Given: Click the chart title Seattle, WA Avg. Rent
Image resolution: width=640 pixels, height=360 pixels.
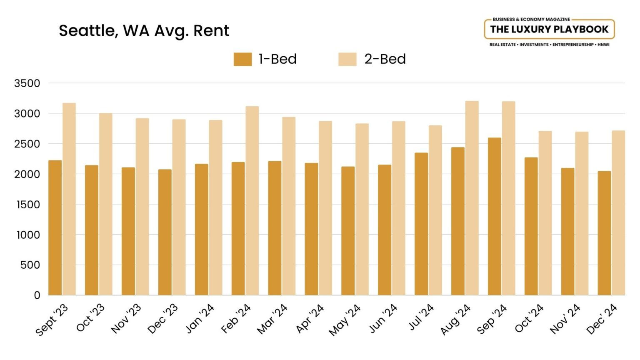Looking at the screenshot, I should [144, 31].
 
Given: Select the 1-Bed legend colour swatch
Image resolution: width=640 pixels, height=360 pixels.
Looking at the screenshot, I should [242, 59].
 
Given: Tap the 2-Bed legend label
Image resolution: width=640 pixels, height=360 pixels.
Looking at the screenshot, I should [385, 59].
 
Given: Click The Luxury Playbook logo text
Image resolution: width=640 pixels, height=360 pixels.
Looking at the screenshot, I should [549, 29].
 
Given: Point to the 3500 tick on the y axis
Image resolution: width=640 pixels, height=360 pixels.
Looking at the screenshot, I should [27, 83].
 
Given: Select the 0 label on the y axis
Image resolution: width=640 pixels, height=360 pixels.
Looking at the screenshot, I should [37, 295].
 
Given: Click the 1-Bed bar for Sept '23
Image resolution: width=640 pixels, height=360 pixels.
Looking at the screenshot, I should [55, 228].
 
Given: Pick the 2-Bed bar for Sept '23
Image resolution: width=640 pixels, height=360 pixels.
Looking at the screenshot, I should [69, 199].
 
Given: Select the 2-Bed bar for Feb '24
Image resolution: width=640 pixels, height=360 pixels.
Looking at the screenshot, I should [252, 201].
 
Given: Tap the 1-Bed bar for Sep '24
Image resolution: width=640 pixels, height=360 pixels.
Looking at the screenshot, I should [494, 217].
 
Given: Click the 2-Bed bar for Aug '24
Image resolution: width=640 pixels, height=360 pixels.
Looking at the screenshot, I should [472, 198].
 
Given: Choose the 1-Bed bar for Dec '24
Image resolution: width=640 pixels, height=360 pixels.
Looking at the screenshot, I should [604, 233].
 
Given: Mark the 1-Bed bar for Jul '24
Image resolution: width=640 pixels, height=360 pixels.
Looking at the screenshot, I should [421, 224].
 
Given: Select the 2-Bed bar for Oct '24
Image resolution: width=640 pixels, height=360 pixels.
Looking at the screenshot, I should [545, 213].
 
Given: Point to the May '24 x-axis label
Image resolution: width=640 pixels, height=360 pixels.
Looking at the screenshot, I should [345, 320].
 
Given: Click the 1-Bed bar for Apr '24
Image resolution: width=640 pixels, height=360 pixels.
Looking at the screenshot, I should [311, 229].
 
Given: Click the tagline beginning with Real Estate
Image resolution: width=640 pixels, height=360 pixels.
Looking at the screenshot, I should [549, 45].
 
